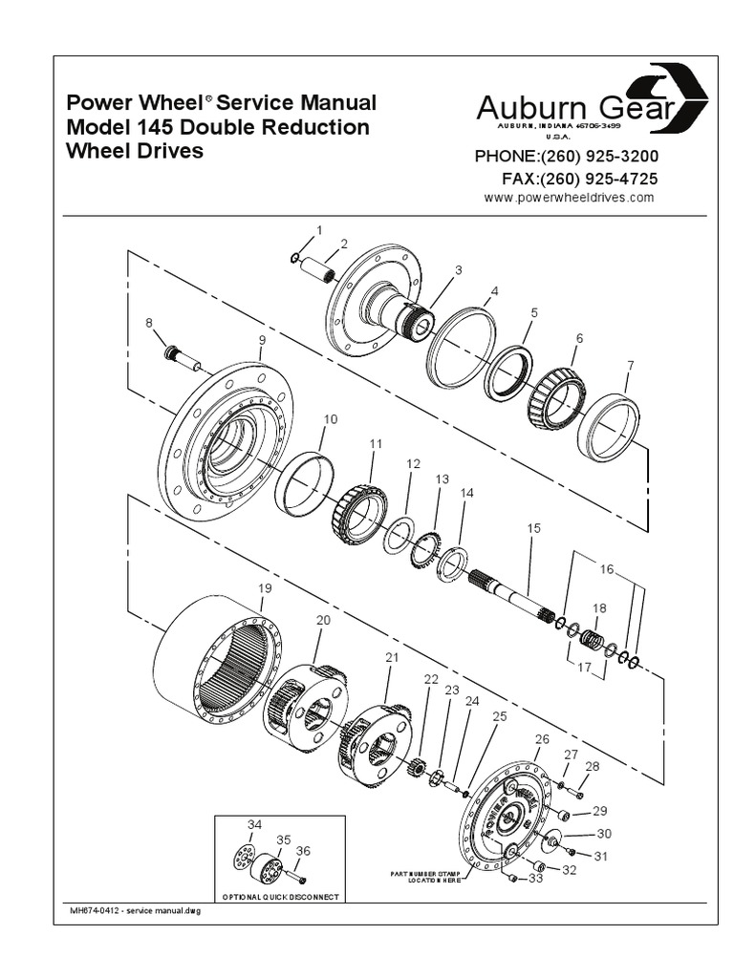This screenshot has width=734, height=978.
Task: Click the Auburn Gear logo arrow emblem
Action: point(681,96)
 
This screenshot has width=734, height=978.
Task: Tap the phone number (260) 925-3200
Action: point(567,157)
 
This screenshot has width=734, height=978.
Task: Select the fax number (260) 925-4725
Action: point(579,179)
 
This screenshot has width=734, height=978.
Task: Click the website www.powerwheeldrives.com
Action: point(569,198)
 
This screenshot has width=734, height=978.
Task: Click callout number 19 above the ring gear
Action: point(265,589)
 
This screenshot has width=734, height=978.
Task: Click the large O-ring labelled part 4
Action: point(462,347)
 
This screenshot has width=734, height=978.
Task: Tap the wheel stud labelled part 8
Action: point(182,359)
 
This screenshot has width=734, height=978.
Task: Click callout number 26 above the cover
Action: point(542,739)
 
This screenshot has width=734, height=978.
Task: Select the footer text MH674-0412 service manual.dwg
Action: point(132,911)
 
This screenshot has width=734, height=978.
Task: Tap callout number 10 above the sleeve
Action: point(330,418)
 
